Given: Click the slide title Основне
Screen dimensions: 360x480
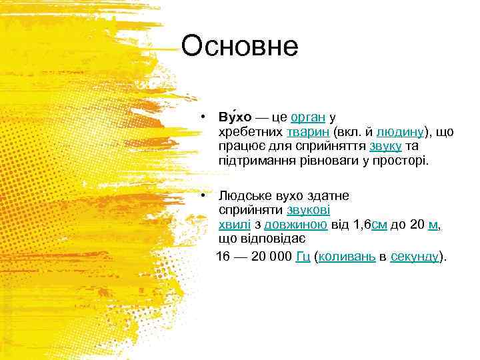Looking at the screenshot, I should coord(239,47).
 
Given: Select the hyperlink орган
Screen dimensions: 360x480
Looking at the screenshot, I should coord(308,117).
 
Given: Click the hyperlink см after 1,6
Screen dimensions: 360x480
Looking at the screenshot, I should coord(379,225).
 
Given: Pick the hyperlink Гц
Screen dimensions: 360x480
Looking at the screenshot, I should coord(302,257).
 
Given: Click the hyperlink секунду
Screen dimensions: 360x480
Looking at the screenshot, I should coord(415,257).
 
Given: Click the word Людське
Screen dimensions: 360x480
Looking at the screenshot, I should coord(242,196).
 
